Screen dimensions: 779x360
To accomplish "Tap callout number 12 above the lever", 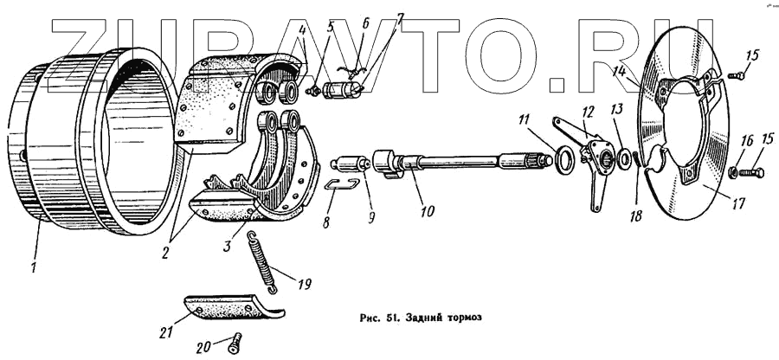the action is coord(589,112).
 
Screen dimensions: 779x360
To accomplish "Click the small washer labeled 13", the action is coord(624,161).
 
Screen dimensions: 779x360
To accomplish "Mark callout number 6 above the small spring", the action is coord(366,23).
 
